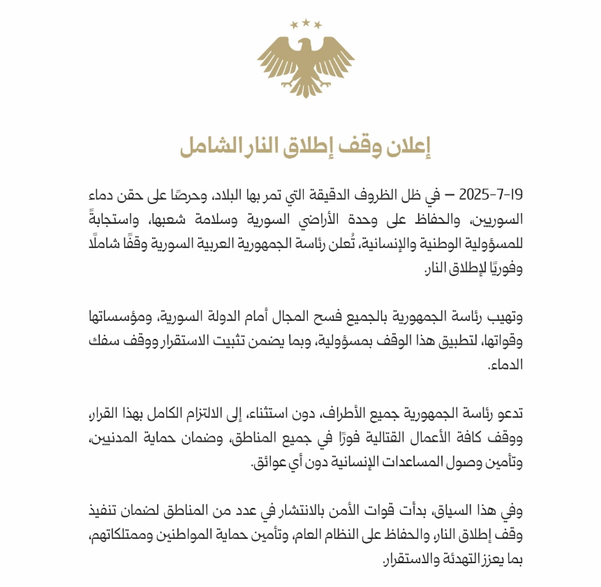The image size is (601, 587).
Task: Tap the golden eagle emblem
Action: [x=306, y=66]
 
